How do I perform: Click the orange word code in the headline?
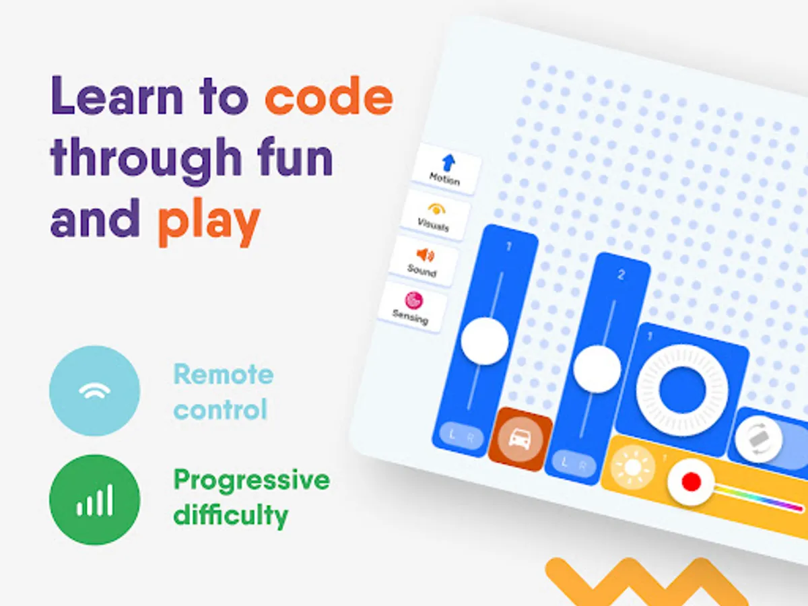click(329, 96)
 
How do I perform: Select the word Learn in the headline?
click(116, 96)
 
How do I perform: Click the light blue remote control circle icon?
click(95, 391)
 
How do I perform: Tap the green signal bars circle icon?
click(95, 500)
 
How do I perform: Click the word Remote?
click(224, 374)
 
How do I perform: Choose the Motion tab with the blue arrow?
click(446, 169)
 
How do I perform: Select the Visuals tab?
click(434, 215)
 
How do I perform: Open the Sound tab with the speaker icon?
click(424, 262)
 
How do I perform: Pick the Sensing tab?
click(412, 307)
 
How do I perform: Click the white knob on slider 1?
click(485, 341)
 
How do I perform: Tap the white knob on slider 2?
click(597, 369)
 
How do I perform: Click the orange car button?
click(520, 439)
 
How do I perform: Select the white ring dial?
click(681, 390)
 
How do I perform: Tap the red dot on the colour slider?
click(691, 481)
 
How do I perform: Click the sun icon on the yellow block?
click(633, 467)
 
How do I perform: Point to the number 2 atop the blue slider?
click(621, 275)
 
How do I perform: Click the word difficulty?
click(231, 516)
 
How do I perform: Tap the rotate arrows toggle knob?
click(758, 439)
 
